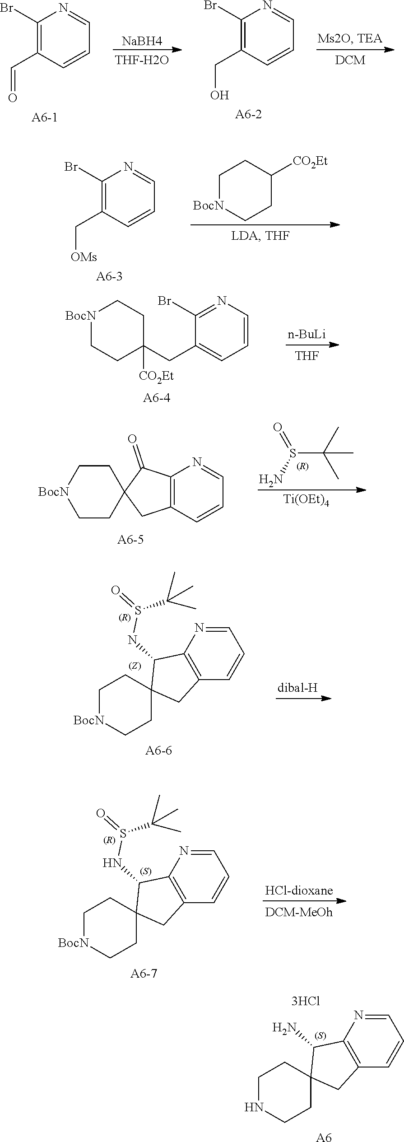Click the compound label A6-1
[45, 118]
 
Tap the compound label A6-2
[248, 114]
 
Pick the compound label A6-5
[130, 540]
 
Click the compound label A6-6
[158, 750]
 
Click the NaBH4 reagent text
[142, 41]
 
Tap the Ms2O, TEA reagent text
[349, 38]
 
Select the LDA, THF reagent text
[265, 236]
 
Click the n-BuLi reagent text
[306, 335]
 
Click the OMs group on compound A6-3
[84, 257]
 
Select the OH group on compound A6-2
[220, 95]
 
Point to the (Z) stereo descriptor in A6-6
[134, 666]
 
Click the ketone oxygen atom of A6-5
[132, 438]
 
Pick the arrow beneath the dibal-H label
[303, 699]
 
